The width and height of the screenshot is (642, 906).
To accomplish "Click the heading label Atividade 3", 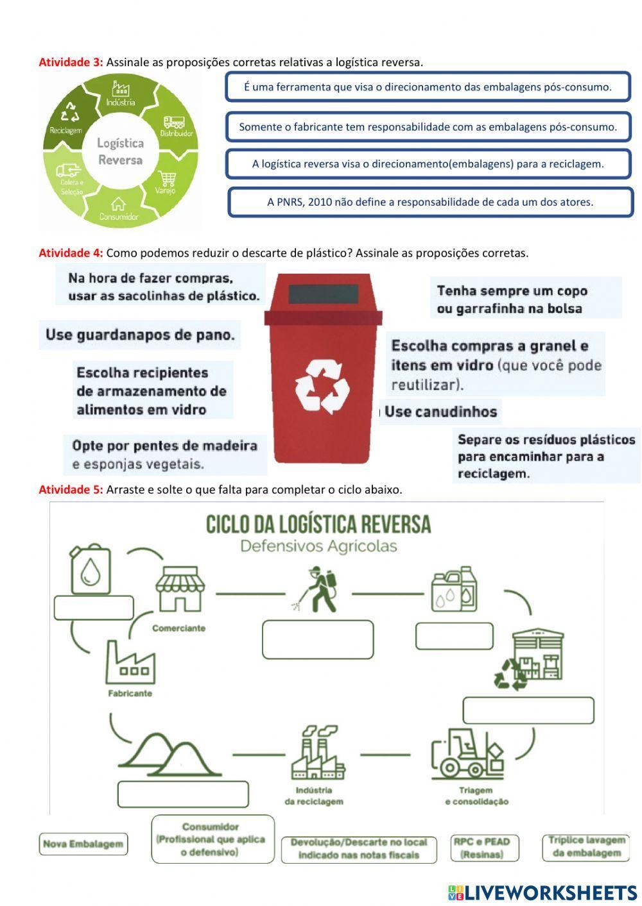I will pyautogui.click(x=71, y=62).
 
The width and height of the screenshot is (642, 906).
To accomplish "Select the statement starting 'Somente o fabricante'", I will pyautogui.click(x=428, y=127).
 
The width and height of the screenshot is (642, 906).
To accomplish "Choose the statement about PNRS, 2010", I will pyautogui.click(x=430, y=202).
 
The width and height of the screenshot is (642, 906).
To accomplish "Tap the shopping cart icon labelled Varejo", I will pyautogui.click(x=168, y=178).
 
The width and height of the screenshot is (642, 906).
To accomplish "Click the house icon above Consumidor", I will pyautogui.click(x=118, y=204).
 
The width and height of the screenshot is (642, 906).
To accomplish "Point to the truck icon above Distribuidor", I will pyautogui.click(x=174, y=122).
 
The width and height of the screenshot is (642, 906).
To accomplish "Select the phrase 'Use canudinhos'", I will pyautogui.click(x=441, y=412).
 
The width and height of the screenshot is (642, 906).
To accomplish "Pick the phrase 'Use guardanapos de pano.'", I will pyautogui.click(x=140, y=335).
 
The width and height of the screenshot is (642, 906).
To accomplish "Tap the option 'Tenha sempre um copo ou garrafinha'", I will pyautogui.click(x=512, y=299).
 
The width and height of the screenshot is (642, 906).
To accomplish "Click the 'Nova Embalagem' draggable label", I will pyautogui.click(x=83, y=844).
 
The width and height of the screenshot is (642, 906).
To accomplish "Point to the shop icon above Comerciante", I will pyautogui.click(x=179, y=588).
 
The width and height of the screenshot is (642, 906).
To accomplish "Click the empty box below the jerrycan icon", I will pyautogui.click(x=94, y=608).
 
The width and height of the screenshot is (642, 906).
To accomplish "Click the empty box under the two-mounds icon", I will pyautogui.click(x=183, y=794).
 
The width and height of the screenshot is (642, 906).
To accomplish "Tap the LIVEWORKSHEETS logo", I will pyautogui.click(x=542, y=892).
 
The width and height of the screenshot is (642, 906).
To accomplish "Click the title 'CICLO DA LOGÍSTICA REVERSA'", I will pyautogui.click(x=318, y=524).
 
